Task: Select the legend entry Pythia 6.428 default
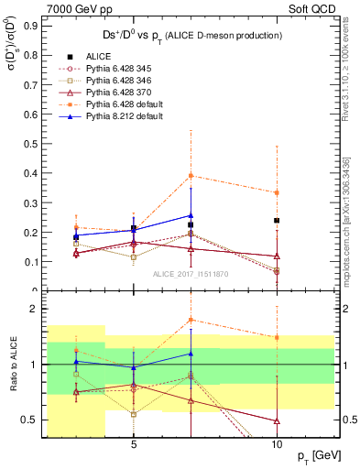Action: pos(127,105)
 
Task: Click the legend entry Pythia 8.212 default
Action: pos(127,118)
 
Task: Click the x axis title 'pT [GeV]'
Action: pos(317,455)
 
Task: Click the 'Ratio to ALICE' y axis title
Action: pos(11,364)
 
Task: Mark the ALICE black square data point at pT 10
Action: pos(277,221)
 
